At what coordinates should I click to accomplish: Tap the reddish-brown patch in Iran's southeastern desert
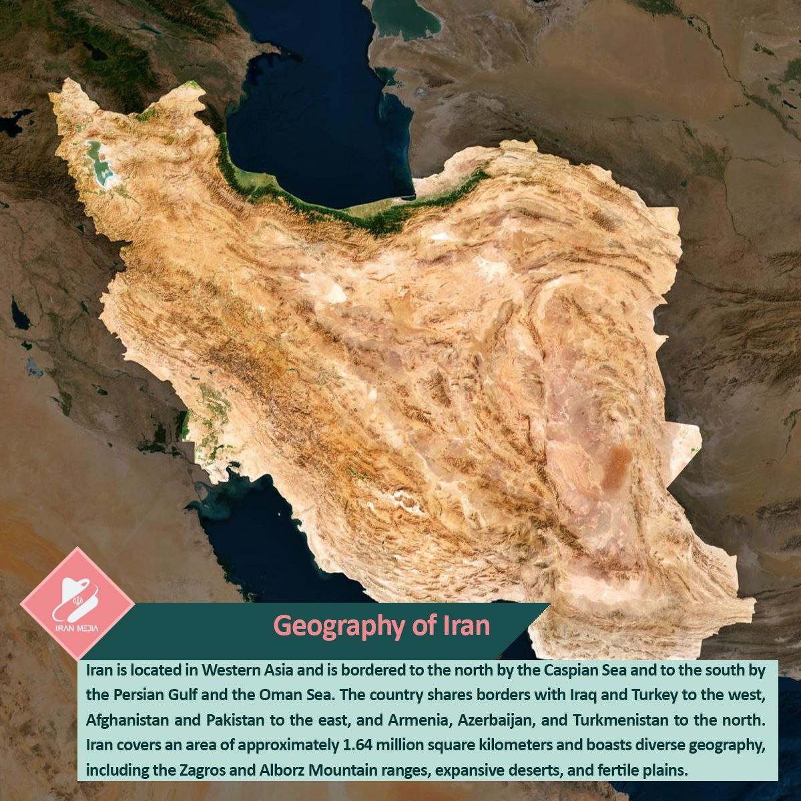(620, 460)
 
